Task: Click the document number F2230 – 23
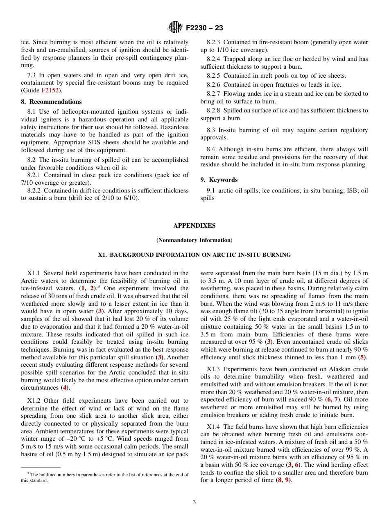(x=204, y=28)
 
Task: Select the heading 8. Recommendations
(x=51, y=102)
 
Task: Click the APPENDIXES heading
(x=194, y=226)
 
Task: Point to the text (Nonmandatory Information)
(x=194, y=240)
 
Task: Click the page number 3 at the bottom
(x=194, y=502)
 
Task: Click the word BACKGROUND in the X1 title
(x=131, y=255)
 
